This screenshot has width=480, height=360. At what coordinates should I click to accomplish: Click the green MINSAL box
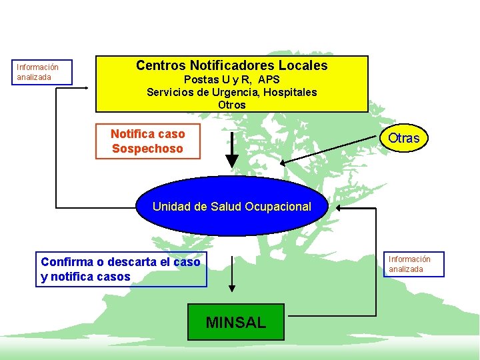coord(235,322)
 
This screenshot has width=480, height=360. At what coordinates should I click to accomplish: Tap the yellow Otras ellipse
coord(404,138)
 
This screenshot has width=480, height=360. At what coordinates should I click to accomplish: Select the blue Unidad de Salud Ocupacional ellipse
coord(232,206)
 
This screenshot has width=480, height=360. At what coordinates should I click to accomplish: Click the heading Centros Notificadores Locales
coord(232,65)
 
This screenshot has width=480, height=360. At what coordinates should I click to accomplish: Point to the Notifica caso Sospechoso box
coord(148,141)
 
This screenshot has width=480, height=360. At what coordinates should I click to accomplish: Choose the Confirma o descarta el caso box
coord(121,269)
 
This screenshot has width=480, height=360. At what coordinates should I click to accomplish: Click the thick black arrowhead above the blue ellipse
coord(232,161)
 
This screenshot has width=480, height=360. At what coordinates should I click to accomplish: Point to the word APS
coord(269,79)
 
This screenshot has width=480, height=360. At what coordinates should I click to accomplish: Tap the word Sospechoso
coord(147,149)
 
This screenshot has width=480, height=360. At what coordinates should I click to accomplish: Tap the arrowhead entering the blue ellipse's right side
coord(340,207)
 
